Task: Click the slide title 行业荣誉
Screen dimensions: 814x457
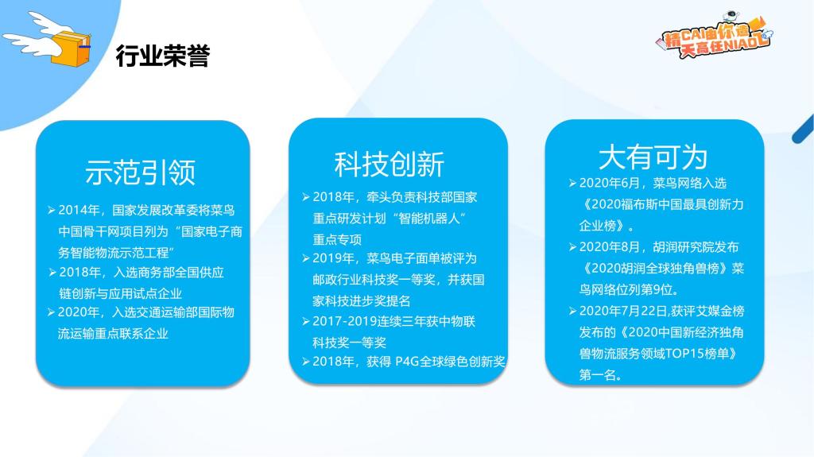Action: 162,56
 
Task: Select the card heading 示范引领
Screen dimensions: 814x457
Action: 140,172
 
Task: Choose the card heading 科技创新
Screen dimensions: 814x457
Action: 390,164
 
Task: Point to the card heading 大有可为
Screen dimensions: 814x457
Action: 653,157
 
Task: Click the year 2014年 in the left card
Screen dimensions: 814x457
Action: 79,210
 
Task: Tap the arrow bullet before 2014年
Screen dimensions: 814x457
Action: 52,210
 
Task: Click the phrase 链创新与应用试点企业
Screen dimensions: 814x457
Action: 121,293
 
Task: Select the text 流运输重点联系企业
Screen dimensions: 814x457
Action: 113,333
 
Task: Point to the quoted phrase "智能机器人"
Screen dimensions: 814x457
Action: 428,218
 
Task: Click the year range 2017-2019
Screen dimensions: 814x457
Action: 345,321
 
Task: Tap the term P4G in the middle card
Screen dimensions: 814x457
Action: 407,362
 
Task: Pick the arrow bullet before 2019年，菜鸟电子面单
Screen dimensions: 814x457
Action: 306,258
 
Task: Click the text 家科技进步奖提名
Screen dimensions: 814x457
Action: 362,300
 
